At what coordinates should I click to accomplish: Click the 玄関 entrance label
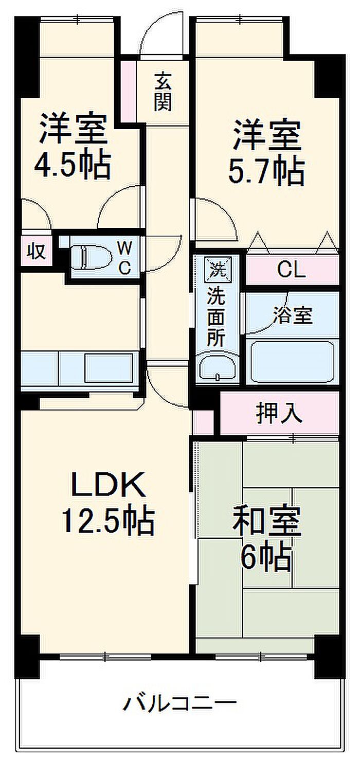tap(163, 92)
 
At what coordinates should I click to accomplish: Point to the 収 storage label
tap(37, 252)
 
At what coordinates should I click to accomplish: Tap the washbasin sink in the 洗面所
tap(218, 367)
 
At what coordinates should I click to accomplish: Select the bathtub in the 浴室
tap(292, 362)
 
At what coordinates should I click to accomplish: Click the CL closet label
tap(292, 270)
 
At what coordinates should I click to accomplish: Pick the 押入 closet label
tap(279, 413)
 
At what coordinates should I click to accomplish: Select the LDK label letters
tap(108, 484)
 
